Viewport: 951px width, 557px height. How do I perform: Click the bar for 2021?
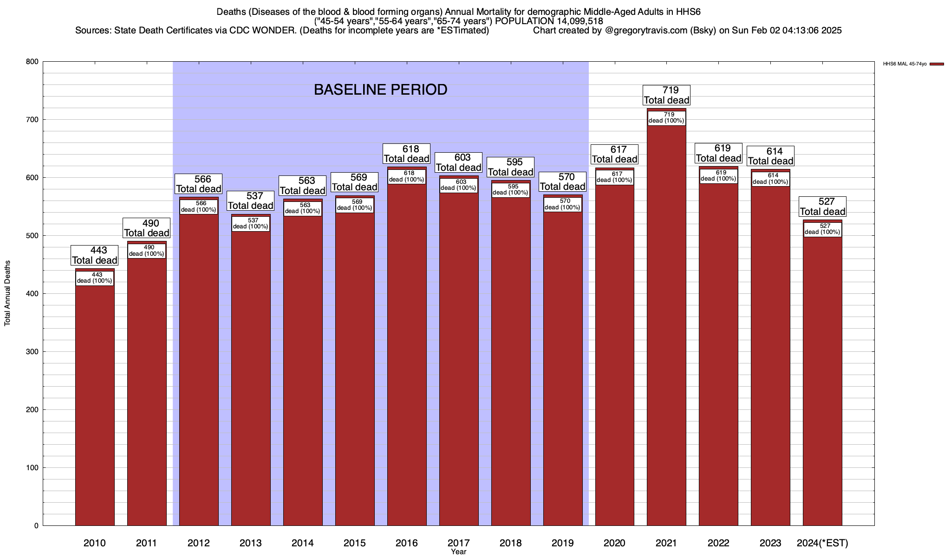pyautogui.click(x=666, y=325)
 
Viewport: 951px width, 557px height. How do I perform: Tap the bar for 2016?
pyautogui.click(x=407, y=353)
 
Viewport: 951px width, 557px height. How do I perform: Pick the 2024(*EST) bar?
pyautogui.click(x=822, y=381)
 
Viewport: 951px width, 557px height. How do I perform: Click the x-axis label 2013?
pyautogui.click(x=251, y=543)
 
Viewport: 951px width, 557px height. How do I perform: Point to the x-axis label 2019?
pyautogui.click(x=563, y=543)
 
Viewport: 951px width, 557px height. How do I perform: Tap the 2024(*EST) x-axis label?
pyautogui.click(x=822, y=543)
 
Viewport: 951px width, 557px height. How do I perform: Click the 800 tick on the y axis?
pyautogui.click(x=33, y=62)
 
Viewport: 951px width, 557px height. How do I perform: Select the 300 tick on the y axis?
pyautogui.click(x=33, y=352)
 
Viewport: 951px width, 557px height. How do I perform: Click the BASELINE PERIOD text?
pyautogui.click(x=380, y=90)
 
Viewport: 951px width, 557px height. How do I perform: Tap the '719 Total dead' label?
pyautogui.click(x=667, y=95)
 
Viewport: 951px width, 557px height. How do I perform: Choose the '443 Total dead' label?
pyautogui.click(x=95, y=255)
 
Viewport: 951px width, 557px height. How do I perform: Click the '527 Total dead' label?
pyautogui.click(x=822, y=207)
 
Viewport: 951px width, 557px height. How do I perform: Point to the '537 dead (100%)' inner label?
pyautogui.click(x=251, y=224)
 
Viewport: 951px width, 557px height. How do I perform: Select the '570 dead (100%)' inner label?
pyautogui.click(x=563, y=204)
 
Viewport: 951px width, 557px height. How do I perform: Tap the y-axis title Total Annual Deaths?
pyautogui.click(x=8, y=293)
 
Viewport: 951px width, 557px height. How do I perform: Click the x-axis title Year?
pyautogui.click(x=458, y=552)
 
